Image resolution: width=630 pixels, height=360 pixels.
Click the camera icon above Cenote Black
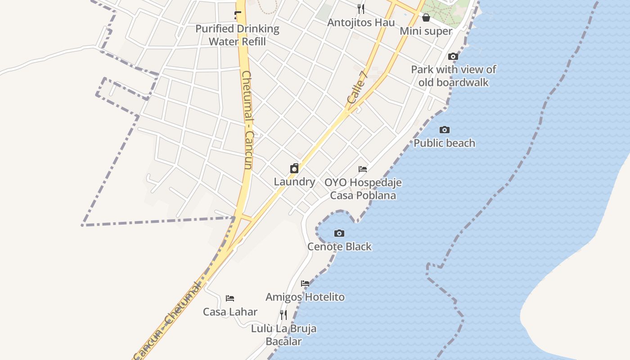pos(339,233)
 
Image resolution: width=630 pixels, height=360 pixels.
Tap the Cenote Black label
pos(339,247)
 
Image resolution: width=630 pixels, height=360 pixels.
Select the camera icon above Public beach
pos(445,130)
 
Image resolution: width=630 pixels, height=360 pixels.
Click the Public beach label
pos(445,143)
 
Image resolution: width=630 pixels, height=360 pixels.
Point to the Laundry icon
pos(294,169)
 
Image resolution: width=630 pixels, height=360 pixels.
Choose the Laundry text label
pos(294,182)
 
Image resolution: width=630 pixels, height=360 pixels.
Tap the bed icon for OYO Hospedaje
pos(363,169)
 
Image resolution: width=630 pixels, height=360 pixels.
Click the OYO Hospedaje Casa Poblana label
pos(363,189)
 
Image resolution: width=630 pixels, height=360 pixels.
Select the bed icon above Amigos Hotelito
pos(305,283)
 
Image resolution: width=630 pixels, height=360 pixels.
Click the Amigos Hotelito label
pos(305,297)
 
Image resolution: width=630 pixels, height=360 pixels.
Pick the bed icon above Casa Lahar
pos(230,298)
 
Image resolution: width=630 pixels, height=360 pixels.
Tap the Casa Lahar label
pos(230,312)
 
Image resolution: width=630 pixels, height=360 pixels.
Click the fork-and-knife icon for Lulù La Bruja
pos(283,315)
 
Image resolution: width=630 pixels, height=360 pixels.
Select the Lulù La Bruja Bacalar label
pos(283,335)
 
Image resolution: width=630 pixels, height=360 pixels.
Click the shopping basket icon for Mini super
pos(426,18)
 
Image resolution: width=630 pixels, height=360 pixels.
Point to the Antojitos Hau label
pos(361,22)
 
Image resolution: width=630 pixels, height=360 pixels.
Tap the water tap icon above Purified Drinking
pos(238,16)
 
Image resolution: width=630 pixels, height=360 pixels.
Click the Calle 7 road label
pos(358,87)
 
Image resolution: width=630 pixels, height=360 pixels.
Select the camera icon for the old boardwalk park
pos(453,57)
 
